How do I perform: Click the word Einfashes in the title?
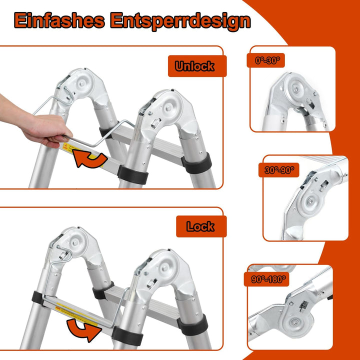click(x=59, y=20)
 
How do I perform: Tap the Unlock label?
click(x=194, y=66)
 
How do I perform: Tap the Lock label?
click(x=200, y=226)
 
